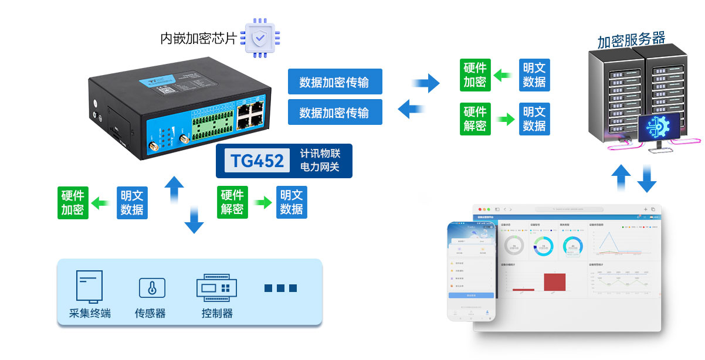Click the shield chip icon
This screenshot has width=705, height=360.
coord(259,38)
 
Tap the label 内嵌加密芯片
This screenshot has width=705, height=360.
coord(199,39)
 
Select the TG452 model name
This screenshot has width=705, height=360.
coord(257,161)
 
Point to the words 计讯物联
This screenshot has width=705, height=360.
coord(320,154)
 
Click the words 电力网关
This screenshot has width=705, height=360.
coord(320,168)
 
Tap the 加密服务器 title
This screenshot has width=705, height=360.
coord(631,40)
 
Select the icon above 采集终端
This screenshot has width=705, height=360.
coord(89,286)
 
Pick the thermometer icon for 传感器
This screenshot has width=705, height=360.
coord(152,288)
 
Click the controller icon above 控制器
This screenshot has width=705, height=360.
coord(216,287)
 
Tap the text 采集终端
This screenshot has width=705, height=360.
coord(90,313)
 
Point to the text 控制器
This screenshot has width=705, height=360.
coord(216,313)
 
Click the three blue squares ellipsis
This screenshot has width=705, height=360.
coord(280,288)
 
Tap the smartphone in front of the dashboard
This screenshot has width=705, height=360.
coord(471,271)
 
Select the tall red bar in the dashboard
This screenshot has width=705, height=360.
coord(554,281)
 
